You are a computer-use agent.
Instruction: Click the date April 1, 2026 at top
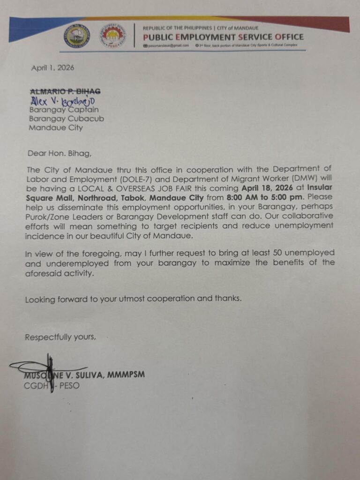[x=52, y=67]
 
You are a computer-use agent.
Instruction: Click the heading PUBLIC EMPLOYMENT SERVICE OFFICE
[x=223, y=37]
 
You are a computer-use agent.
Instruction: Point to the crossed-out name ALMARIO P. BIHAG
[x=65, y=91]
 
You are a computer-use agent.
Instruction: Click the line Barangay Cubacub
[x=67, y=119]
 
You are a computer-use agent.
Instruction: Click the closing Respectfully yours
[x=60, y=337]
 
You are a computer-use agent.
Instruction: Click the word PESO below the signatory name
[x=69, y=385]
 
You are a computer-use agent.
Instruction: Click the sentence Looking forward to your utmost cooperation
[x=134, y=299]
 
